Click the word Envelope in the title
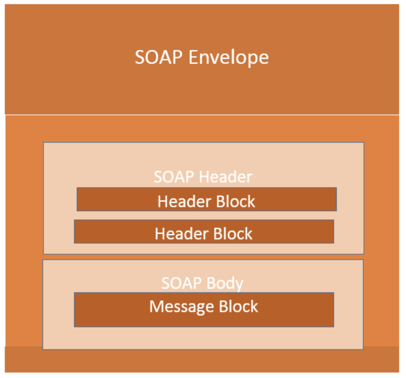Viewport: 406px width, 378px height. pos(228,57)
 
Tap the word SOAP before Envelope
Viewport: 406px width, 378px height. pos(158,57)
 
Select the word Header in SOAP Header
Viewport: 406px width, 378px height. pos(225,177)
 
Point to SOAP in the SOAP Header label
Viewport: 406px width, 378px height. pos(174,177)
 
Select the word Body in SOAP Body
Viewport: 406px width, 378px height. pos(225,283)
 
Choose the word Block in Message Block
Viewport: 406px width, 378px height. pos(238,307)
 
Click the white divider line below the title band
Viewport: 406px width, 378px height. pos(202,115)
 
